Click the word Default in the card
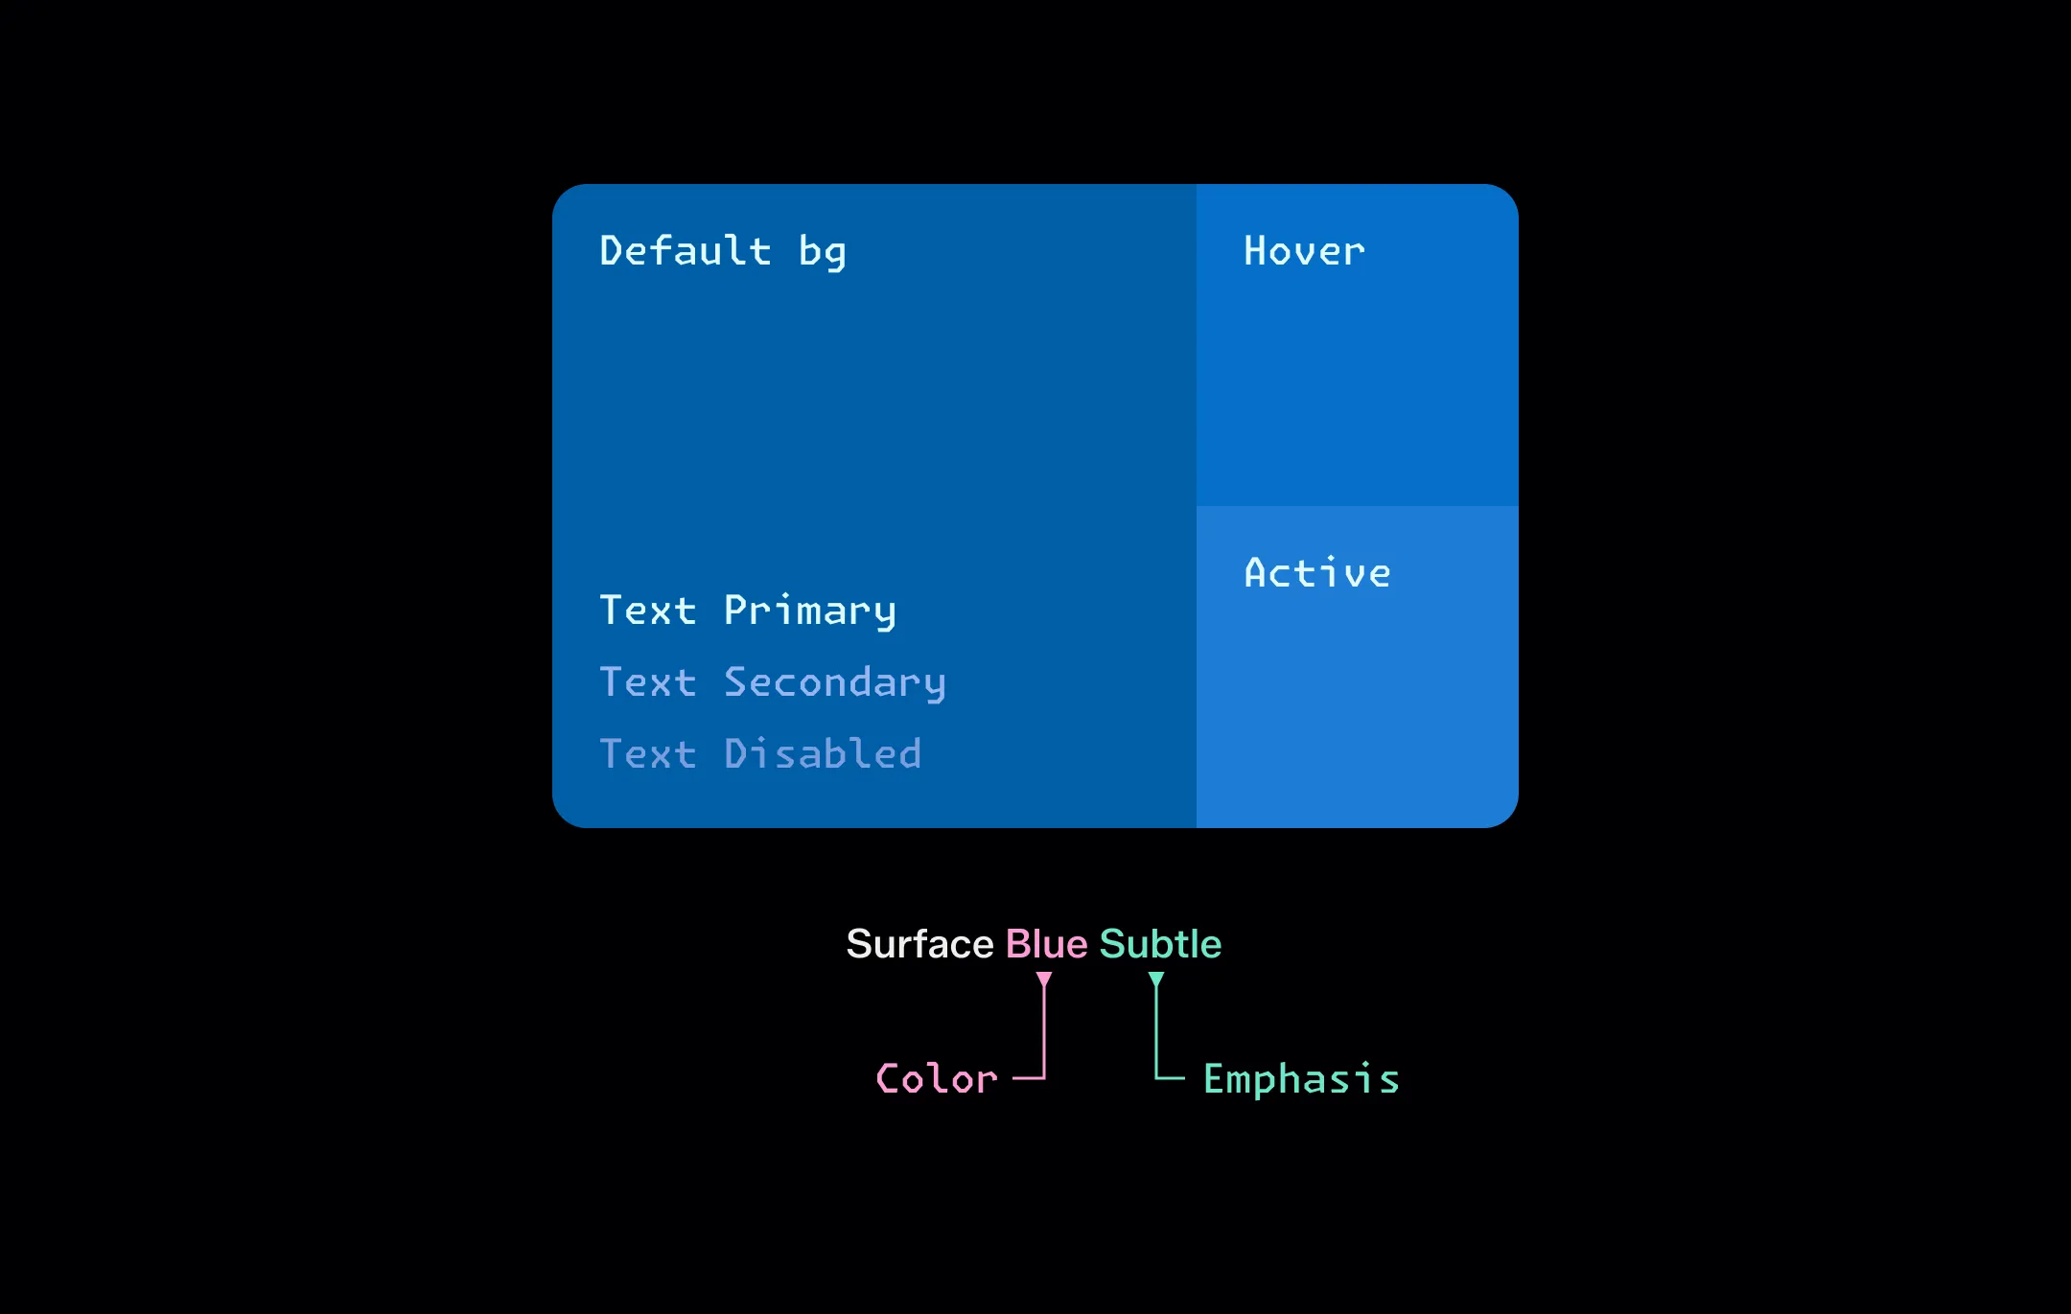(686, 250)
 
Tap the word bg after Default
(823, 253)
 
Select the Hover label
(1304, 251)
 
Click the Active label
(1317, 572)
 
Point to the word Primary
(810, 611)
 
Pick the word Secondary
(835, 683)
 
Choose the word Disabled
(823, 753)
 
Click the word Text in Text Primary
(648, 611)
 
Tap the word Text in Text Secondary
(648, 682)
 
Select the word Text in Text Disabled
(648, 754)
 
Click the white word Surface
(920, 944)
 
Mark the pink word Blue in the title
(1047, 944)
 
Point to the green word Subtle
(1161, 944)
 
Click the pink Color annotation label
(937, 1079)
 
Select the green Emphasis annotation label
(1301, 1080)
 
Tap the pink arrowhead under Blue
(1044, 980)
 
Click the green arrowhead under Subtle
(1156, 980)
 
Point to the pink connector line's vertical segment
(1044, 1030)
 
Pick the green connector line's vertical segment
(1156, 1030)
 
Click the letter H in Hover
(1256, 251)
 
